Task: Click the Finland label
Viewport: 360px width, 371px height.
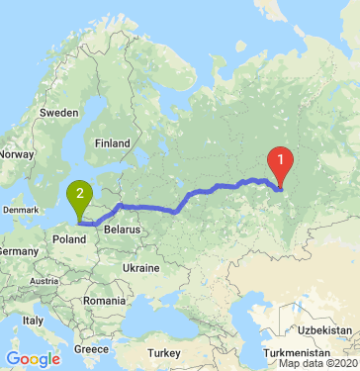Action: pyautogui.click(x=112, y=142)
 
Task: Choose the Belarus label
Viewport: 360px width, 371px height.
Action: pyautogui.click(x=125, y=229)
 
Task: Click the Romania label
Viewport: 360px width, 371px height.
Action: pyautogui.click(x=104, y=299)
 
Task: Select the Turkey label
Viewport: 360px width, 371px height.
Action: pyautogui.click(x=158, y=353)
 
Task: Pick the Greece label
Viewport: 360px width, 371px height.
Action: pyautogui.click(x=91, y=349)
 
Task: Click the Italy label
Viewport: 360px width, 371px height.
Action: pyautogui.click(x=34, y=321)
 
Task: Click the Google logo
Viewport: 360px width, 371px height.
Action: pyautogui.click(x=33, y=358)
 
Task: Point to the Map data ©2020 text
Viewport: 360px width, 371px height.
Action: pyautogui.click(x=318, y=364)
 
